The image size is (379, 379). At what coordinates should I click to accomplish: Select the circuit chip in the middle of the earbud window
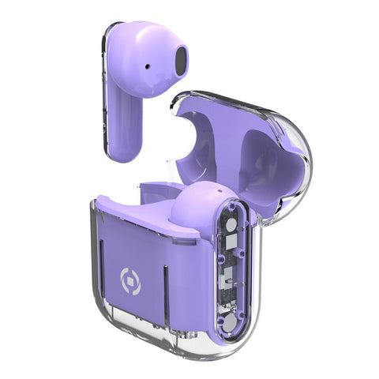pyautogui.click(x=227, y=276)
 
